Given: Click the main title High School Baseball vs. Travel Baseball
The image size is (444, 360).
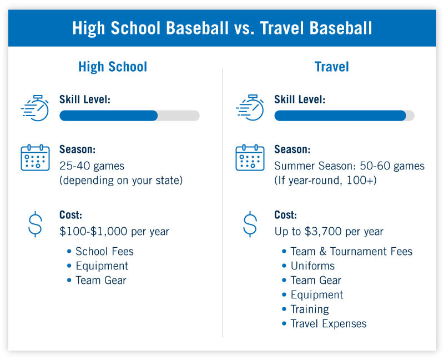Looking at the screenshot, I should [222, 28].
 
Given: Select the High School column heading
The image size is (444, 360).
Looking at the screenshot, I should [113, 67].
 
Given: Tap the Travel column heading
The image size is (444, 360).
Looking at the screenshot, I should [331, 67].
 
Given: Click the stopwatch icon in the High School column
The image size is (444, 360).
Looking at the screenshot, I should [35, 108].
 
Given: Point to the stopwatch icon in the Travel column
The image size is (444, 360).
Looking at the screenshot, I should [250, 108].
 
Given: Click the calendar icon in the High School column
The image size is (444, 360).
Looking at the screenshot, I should [35, 158].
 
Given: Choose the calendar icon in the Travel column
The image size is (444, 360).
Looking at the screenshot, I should [250, 158].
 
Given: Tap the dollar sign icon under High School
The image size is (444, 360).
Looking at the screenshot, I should [35, 224].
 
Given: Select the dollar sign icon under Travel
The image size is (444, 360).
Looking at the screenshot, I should [250, 224].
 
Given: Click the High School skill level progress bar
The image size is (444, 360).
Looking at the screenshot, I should [129, 116].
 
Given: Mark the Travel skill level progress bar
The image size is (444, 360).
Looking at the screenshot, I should [344, 116].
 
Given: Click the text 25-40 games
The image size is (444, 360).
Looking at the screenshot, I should [92, 166].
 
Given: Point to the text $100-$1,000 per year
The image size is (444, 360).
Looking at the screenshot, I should [114, 231].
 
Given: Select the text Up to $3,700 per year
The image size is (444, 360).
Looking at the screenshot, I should [329, 231].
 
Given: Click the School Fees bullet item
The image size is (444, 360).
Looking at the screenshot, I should [104, 251].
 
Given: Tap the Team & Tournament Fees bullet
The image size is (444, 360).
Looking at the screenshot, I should [351, 251].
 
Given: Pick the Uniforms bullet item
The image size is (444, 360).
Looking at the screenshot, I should [312, 266].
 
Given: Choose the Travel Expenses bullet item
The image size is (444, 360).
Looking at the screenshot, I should [328, 323].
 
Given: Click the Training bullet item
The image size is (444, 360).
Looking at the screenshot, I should [310, 309].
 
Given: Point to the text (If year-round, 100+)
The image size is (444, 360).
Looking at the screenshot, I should [325, 181].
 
